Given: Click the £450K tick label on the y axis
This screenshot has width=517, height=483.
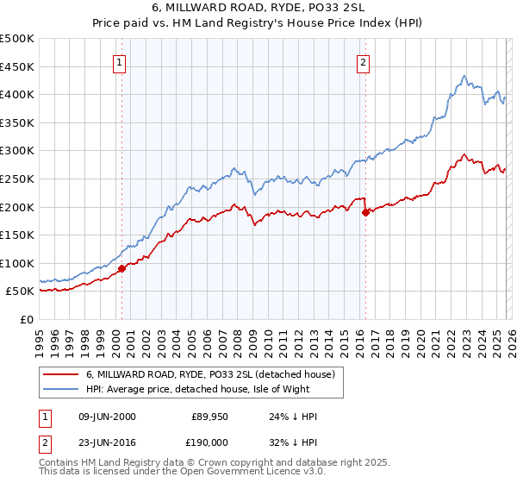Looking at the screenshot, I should pos(17,66).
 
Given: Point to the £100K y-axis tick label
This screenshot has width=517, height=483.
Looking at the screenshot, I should pos(17,263).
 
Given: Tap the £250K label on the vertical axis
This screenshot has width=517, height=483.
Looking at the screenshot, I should pos(17,179).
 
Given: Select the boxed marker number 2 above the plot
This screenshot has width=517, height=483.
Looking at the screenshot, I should pos(364,62).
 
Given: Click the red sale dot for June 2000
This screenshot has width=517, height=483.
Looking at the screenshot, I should pos(121,268).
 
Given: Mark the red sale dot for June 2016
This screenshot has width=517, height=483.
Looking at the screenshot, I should pos(365,211).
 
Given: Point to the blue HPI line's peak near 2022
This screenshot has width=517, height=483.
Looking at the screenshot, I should pos(464,76).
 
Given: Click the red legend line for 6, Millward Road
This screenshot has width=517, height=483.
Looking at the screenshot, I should pos(61,374).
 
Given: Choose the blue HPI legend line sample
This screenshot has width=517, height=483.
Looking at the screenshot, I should pos(61,389).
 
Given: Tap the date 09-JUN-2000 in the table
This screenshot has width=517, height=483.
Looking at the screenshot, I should pos(106,416).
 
